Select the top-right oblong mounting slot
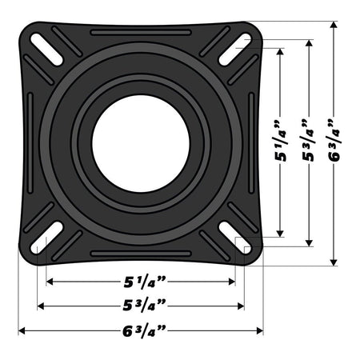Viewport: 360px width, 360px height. pos(233,45)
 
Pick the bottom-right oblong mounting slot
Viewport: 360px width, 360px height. pos(233,238)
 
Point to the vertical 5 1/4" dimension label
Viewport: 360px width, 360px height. pos(281,142)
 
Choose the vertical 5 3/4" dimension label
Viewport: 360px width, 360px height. pos(307,142)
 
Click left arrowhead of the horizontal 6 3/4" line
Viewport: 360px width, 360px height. pos(22,330)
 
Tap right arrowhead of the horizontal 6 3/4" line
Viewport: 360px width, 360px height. pos(259,330)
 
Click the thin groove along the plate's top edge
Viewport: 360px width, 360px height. pos(141,33)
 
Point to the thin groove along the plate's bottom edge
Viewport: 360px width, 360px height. pos(141,254)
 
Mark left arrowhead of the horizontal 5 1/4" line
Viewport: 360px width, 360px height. pos(50,282)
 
